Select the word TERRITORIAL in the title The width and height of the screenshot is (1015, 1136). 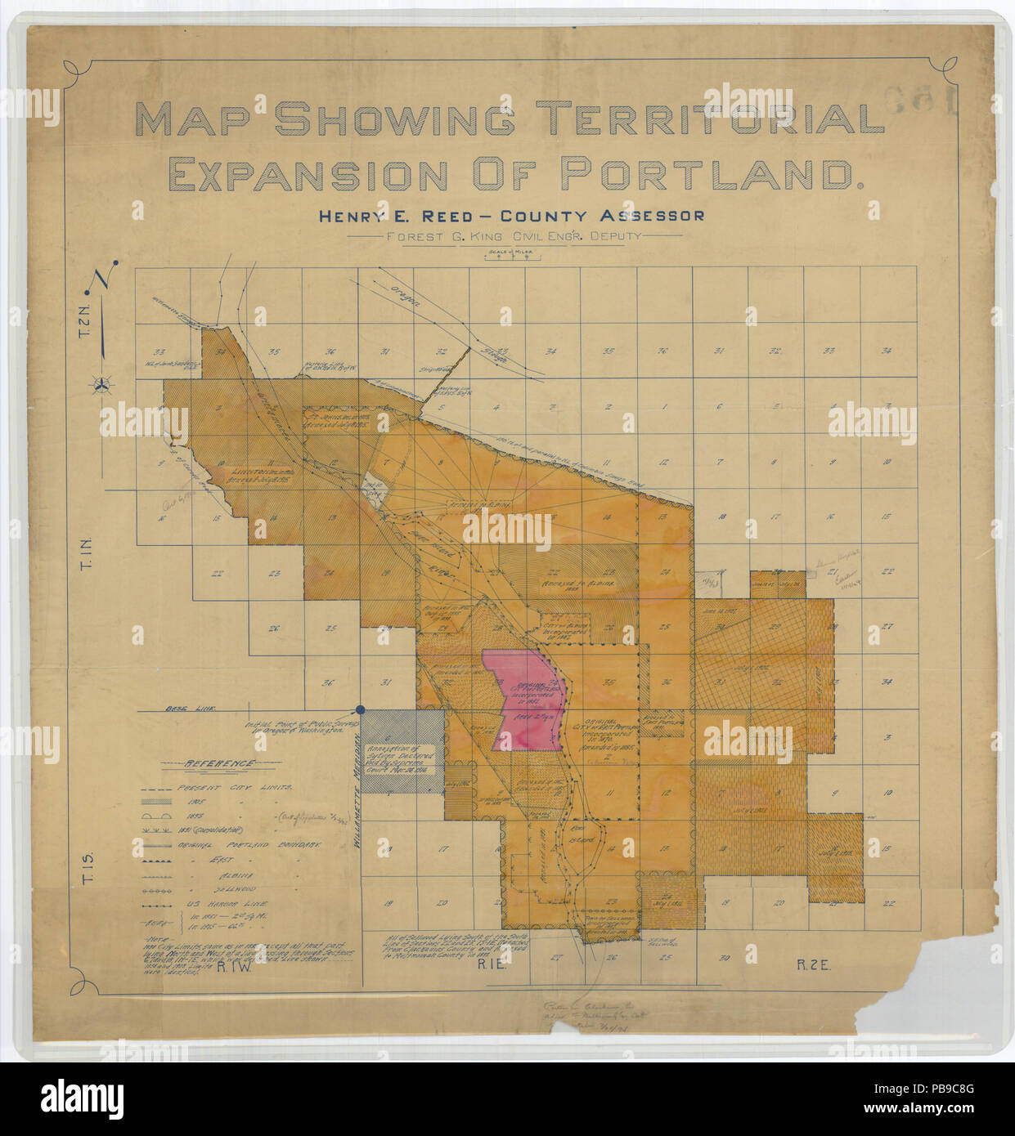pos(716,119)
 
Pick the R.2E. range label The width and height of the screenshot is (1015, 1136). pos(814,965)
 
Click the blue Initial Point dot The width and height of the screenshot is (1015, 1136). pos(360,710)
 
